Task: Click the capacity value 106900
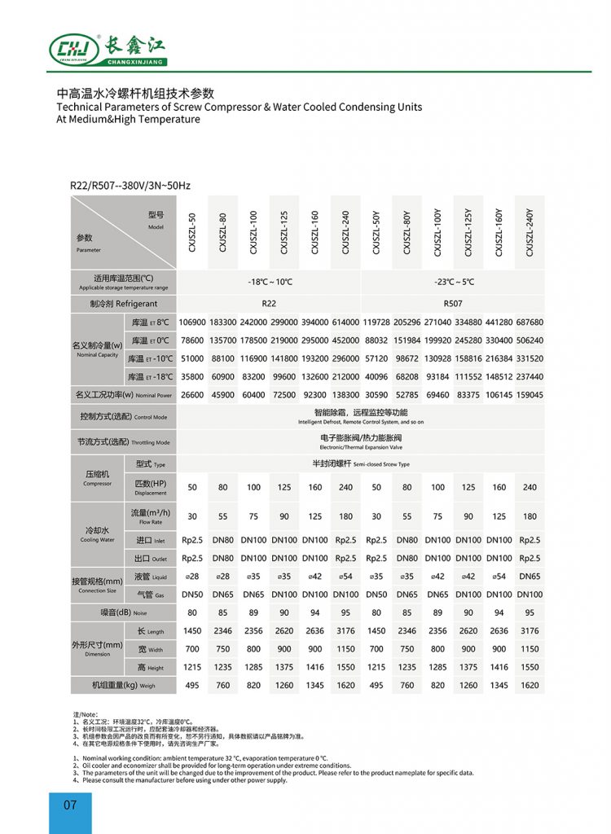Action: [192, 322]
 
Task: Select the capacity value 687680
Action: [530, 322]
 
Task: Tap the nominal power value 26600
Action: [192, 395]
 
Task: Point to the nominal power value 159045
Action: [530, 395]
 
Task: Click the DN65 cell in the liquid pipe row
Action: [530, 577]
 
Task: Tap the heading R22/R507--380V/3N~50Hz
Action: [130, 187]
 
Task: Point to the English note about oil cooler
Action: [212, 766]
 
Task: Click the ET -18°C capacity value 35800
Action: [192, 376]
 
